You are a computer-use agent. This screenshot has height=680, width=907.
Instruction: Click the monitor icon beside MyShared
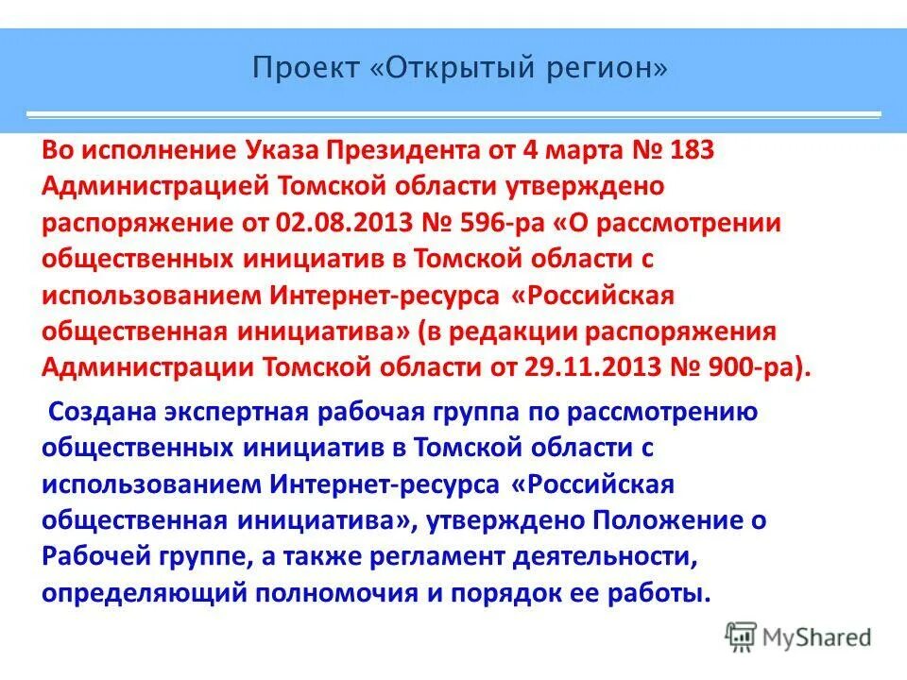(741, 636)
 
